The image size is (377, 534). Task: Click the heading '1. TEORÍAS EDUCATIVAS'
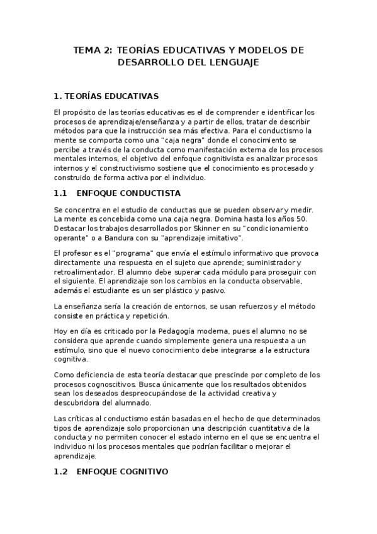point(106,96)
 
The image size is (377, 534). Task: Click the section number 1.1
point(62,193)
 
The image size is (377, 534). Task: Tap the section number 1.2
point(62,470)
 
